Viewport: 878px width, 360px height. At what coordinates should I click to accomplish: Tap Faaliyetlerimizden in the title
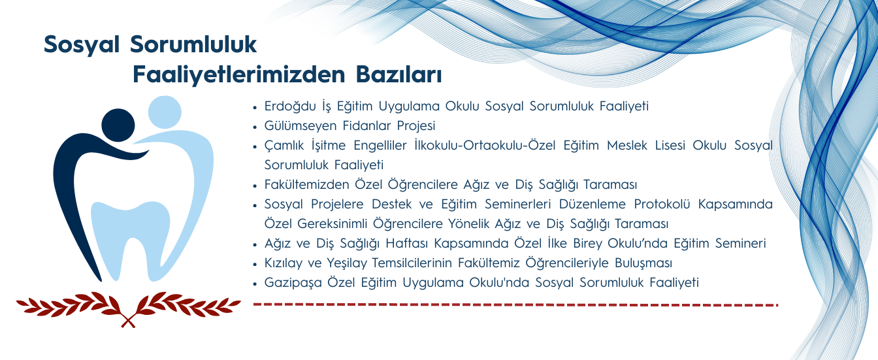click(x=238, y=74)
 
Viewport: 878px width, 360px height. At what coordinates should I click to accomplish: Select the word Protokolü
click(x=660, y=205)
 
